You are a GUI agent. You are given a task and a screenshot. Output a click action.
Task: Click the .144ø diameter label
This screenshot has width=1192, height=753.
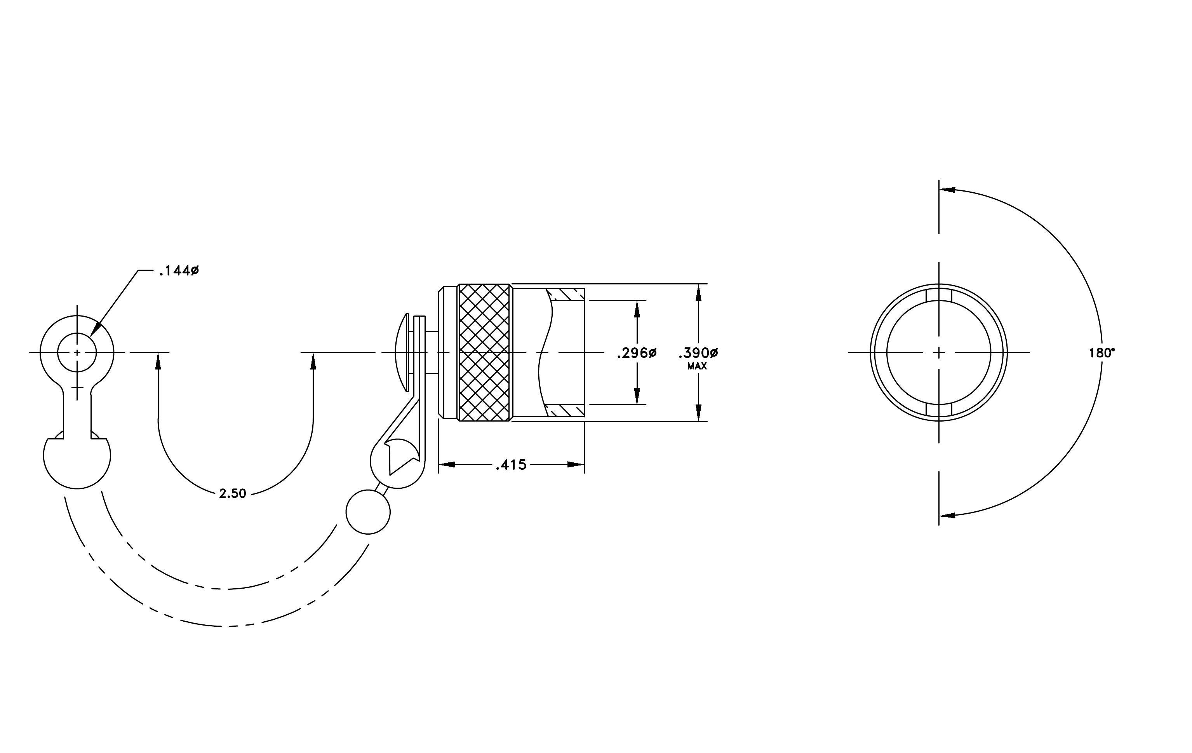coord(179,271)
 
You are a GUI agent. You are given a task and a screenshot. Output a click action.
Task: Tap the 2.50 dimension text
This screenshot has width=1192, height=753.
coord(233,493)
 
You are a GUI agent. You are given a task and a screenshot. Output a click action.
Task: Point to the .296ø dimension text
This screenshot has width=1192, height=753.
coord(637,353)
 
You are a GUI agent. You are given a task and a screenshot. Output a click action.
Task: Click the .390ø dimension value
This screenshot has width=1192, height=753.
coord(698,353)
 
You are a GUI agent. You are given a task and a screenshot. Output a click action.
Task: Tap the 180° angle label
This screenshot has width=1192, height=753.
coord(1102,353)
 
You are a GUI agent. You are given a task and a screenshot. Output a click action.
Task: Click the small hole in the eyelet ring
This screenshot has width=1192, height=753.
coord(77,352)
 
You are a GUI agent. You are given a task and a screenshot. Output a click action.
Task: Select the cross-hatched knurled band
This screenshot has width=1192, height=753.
coord(485,352)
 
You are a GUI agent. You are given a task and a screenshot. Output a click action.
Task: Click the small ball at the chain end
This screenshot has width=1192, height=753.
coord(368,512)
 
